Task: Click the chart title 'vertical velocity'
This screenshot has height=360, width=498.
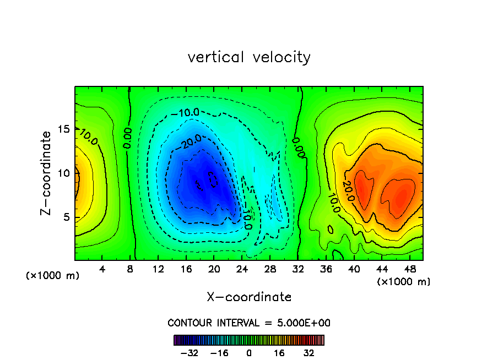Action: click(249, 57)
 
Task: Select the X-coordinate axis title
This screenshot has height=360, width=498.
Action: click(249, 297)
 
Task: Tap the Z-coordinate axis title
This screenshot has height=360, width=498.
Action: click(46, 173)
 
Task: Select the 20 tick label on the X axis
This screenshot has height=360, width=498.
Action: click(214, 269)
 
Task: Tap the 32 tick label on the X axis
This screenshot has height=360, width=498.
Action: click(297, 269)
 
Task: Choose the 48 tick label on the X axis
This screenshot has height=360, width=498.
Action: click(409, 269)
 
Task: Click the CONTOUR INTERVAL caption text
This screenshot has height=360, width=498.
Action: click(249, 323)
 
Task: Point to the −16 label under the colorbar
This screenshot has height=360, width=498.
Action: click(219, 353)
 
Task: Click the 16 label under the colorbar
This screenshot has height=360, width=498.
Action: click(279, 353)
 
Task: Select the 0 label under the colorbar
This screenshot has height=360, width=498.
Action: click(249, 353)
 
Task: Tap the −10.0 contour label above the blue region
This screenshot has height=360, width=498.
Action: click(185, 113)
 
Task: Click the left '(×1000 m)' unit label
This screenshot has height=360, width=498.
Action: click(53, 276)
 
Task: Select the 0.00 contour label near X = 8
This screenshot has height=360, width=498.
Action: click(127, 138)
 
